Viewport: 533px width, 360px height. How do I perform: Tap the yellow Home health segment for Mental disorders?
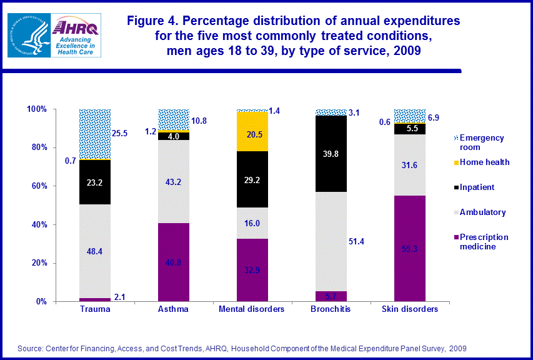[252, 132]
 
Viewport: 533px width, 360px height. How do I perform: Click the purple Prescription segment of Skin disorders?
[409, 248]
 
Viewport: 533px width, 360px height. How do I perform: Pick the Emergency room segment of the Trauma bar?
[95, 134]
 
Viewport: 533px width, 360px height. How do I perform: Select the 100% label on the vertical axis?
[37, 109]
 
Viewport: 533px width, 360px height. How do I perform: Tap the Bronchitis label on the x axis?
[331, 309]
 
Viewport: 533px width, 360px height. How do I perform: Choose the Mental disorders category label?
[252, 309]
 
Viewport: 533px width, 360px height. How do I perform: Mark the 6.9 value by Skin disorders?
[434, 117]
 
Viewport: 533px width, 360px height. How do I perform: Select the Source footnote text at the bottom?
[242, 348]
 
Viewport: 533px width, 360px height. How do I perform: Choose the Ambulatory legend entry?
[482, 212]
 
